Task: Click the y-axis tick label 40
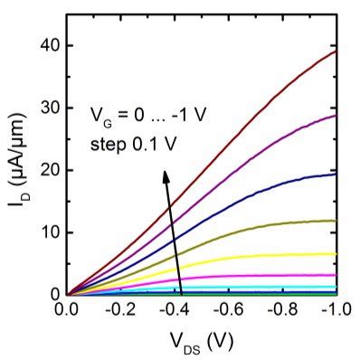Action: click(51, 44)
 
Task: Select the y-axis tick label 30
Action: click(51, 107)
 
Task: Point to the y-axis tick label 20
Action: click(51, 169)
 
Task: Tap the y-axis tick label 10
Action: click(51, 232)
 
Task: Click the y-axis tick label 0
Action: click(55, 294)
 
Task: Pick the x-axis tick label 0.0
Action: click(67, 310)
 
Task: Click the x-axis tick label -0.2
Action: click(118, 310)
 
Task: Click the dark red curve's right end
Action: click(336, 51)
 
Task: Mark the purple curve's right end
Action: click(336, 115)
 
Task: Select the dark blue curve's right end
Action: click(336, 174)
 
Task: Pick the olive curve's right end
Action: click(336, 221)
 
